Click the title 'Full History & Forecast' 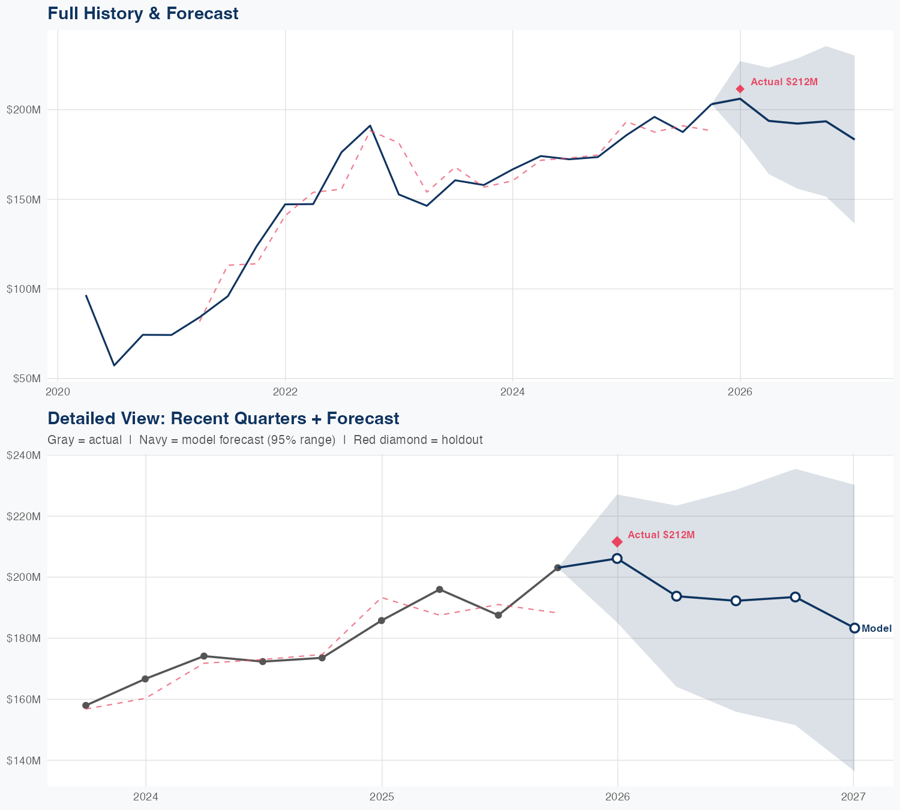click(143, 13)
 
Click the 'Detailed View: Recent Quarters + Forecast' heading click(223, 418)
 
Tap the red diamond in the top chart click(740, 89)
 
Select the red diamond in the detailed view click(617, 542)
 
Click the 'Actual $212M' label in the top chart click(784, 82)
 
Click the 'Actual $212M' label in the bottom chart click(661, 535)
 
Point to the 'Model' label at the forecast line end click(876, 628)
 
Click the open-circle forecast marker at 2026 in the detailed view click(617, 559)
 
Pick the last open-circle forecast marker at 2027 click(854, 628)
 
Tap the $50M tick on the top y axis click(23, 379)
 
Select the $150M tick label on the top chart click(23, 199)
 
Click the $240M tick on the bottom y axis click(23, 455)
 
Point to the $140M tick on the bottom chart click(23, 760)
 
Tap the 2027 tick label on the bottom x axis click(853, 797)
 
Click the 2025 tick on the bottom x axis click(382, 797)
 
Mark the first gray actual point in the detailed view click(86, 706)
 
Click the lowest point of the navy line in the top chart click(114, 365)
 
